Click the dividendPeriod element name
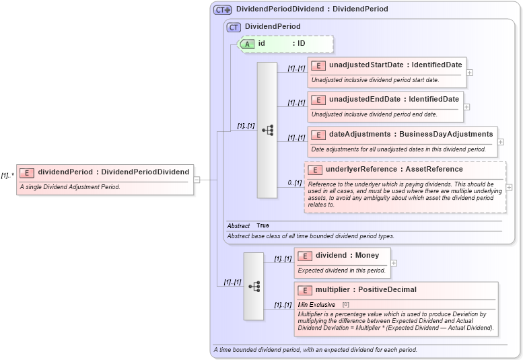click(x=113, y=172)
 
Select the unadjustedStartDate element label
click(x=395, y=65)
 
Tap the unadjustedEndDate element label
click(x=394, y=99)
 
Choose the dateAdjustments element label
click(x=411, y=134)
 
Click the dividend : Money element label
click(x=347, y=255)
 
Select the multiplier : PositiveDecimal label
click(x=365, y=289)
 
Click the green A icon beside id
click(x=247, y=44)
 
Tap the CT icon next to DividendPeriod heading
click(x=234, y=27)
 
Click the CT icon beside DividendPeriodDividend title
click(x=222, y=9)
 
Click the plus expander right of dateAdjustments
click(x=500, y=142)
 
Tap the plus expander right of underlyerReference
click(x=509, y=187)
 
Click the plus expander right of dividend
click(x=394, y=263)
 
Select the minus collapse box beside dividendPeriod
click(x=197, y=180)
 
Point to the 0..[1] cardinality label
click(x=295, y=182)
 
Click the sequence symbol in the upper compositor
click(x=267, y=130)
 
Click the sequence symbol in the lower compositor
click(x=254, y=286)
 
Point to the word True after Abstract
click(x=263, y=225)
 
